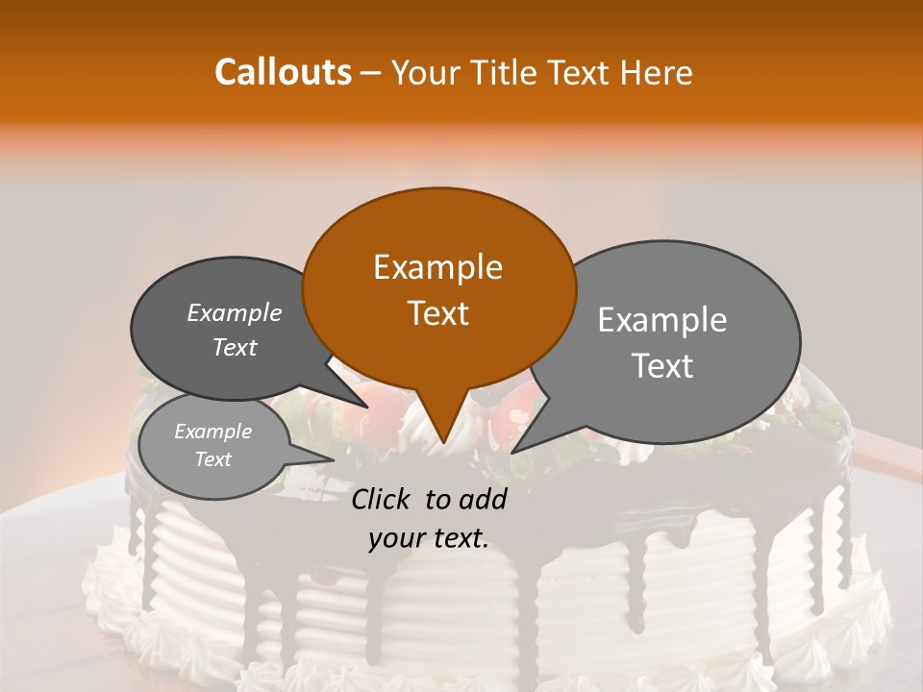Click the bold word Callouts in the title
[x=283, y=72]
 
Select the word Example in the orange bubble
[x=437, y=267]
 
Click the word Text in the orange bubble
[x=437, y=313]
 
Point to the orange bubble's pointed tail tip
[x=442, y=444]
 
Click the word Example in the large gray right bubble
[x=662, y=320]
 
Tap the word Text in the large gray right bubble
[x=662, y=366]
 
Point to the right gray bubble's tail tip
[x=512, y=453]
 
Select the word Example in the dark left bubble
[x=234, y=312]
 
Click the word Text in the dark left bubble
[x=234, y=347]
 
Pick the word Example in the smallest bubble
[x=212, y=432]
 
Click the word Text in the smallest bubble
[x=212, y=459]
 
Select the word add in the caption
[x=484, y=499]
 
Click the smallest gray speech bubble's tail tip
[x=334, y=458]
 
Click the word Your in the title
[x=426, y=72]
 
